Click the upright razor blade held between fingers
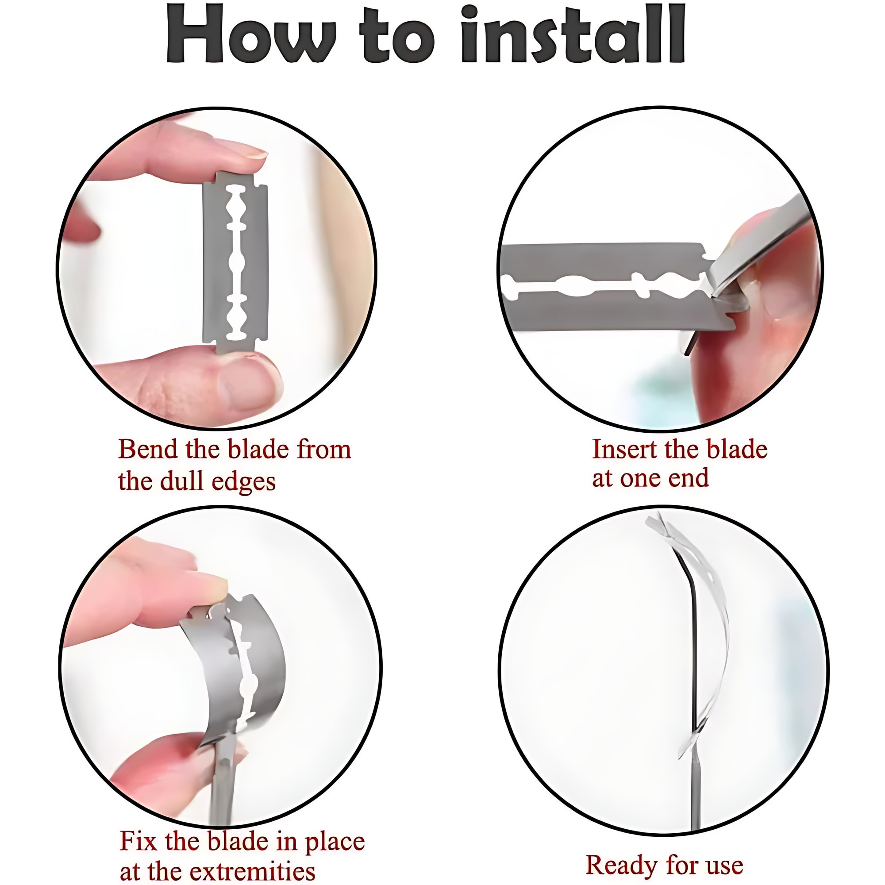tap(235, 263)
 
